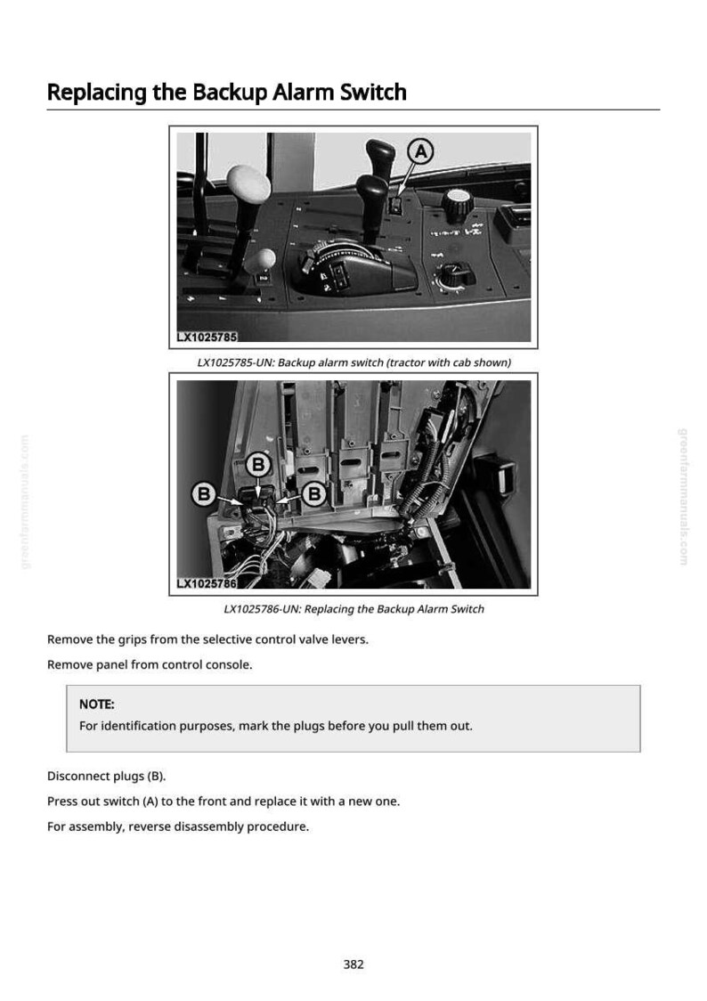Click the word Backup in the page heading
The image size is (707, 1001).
230,94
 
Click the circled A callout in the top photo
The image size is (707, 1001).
420,152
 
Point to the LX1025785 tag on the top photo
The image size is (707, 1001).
207,337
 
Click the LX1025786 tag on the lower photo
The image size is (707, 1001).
207,582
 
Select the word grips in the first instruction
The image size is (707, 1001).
133,639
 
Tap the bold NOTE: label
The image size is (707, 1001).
97,704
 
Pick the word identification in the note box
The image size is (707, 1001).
139,726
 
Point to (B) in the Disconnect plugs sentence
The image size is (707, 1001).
157,777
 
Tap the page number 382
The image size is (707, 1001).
353,964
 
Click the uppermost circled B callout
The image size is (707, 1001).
258,465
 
